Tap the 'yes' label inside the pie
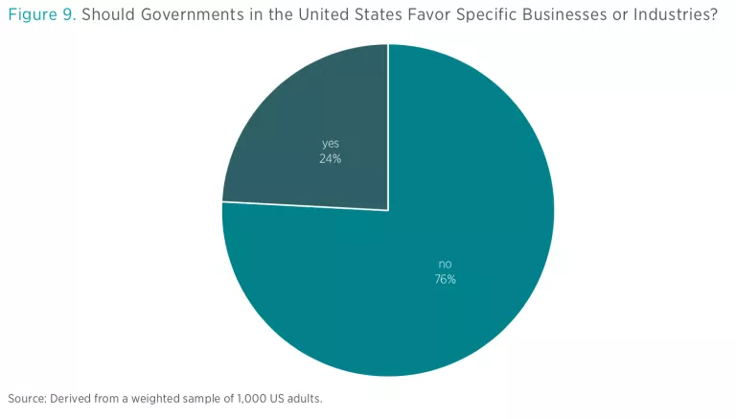coord(331,145)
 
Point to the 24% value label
coord(331,159)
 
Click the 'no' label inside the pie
coord(445,265)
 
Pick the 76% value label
coord(445,279)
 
